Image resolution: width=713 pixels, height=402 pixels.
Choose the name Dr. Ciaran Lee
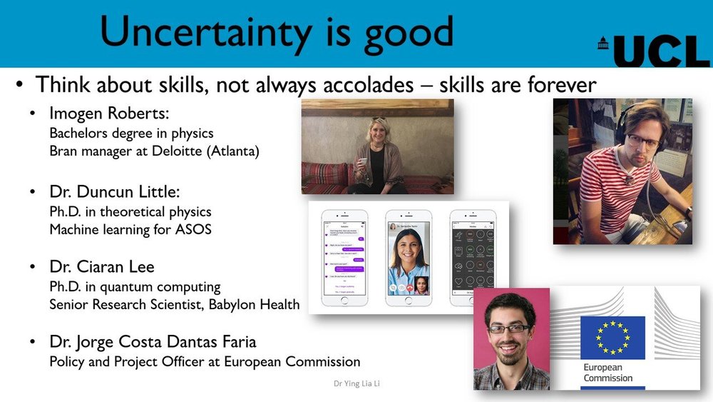pos(102,268)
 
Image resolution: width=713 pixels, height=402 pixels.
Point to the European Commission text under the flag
pos(607,373)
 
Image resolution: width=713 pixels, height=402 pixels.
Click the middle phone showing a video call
pos(409,258)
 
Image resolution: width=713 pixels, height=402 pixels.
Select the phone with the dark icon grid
pos(472,258)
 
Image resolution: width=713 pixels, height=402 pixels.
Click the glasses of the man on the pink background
pos(508,328)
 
